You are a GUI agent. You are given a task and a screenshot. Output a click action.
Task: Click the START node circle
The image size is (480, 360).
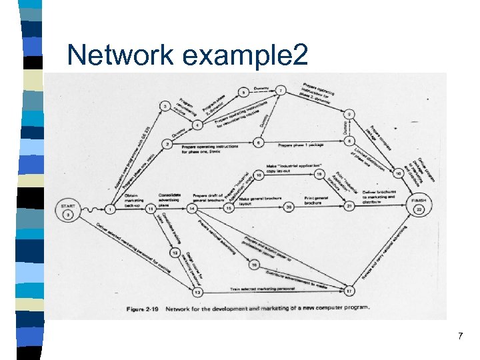[x=68, y=209]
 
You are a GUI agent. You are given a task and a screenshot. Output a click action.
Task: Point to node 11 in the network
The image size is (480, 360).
[x=151, y=209]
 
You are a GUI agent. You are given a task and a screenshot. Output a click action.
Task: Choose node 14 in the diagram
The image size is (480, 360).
[x=192, y=209]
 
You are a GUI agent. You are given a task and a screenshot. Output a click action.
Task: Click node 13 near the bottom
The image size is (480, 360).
[x=197, y=291]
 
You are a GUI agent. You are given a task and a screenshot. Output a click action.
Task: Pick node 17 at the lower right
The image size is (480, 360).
[x=349, y=291]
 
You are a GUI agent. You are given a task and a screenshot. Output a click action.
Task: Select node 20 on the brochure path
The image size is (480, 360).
[x=289, y=208]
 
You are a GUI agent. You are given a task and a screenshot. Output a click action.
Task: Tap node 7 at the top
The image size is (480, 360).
[x=281, y=90]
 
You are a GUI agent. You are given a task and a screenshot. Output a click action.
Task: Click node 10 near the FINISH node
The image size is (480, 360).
[x=398, y=173]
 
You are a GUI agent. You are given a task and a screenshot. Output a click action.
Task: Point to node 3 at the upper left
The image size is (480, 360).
[x=165, y=106]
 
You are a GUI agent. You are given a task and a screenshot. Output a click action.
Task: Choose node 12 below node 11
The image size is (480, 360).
[x=175, y=253]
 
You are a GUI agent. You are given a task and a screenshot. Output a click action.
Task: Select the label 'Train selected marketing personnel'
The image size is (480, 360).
[x=267, y=289]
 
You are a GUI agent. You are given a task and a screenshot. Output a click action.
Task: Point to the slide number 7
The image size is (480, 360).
[x=460, y=337]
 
